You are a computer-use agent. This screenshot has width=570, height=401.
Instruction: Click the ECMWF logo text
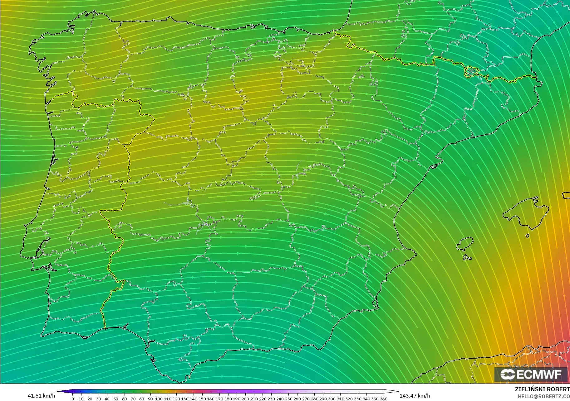[539, 375]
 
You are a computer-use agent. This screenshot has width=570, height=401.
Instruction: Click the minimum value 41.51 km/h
[41, 396]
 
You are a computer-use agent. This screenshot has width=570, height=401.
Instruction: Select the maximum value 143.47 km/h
[415, 396]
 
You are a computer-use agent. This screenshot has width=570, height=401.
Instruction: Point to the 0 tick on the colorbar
[73, 399]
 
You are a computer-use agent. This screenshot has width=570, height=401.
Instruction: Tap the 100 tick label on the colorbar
[159, 399]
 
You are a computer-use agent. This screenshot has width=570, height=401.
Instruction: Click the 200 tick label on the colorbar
[245, 399]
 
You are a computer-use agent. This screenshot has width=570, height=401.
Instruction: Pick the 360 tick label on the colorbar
[384, 399]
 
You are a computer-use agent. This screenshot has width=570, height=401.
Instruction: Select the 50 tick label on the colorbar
[116, 399]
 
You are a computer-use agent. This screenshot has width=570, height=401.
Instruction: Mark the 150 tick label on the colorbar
[202, 399]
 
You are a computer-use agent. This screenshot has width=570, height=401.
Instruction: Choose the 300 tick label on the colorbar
[332, 399]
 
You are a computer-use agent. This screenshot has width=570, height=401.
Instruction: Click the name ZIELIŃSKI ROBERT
[542, 389]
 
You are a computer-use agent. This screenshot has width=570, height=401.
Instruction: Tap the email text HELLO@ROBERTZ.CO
[544, 397]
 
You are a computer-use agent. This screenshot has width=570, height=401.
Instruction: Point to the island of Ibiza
[465, 244]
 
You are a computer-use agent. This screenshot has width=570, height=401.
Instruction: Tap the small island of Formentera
[467, 258]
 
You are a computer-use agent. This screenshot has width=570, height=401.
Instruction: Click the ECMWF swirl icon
[507, 375]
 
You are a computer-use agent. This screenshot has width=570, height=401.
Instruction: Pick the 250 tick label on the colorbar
[288, 399]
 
